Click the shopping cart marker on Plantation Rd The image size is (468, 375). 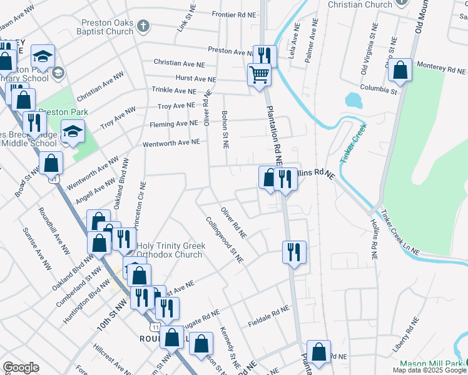click(259, 76)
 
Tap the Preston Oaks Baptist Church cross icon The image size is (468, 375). click(144, 26)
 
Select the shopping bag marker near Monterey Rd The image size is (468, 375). click(400, 71)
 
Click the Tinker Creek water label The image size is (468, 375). click(352, 145)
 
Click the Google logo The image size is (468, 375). click(21, 367)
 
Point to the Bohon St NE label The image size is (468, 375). click(224, 129)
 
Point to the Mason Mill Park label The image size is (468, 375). click(432, 364)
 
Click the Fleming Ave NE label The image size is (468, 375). click(173, 124)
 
